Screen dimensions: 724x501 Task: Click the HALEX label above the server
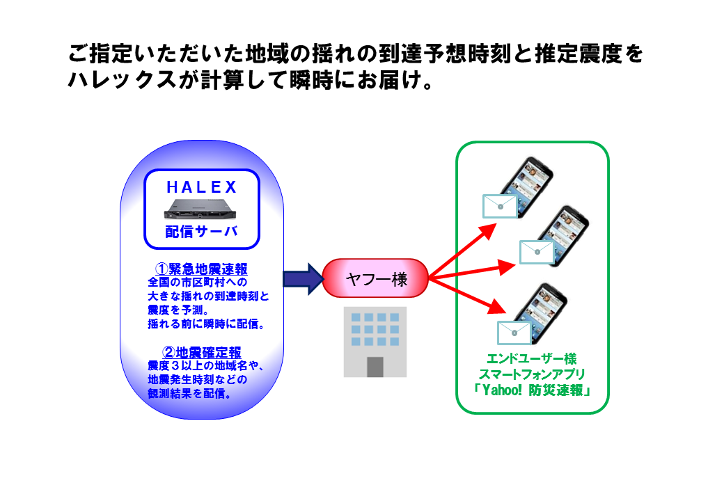202,187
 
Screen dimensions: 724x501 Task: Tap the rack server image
200,209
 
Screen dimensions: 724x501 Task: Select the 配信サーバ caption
202,231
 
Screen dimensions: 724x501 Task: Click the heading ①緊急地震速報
201,269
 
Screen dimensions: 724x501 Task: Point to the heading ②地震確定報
202,353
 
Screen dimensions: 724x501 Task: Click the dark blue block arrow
304,278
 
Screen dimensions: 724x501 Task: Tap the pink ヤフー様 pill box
375,278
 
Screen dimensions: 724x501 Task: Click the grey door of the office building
375,367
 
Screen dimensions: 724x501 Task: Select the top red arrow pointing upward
462,251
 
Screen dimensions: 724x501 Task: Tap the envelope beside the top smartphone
500,206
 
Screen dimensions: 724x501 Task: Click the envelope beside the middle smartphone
537,252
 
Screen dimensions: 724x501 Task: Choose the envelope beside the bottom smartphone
514,333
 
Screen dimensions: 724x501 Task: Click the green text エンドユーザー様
532,359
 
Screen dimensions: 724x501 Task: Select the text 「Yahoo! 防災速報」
532,390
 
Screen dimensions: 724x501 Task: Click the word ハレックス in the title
123,80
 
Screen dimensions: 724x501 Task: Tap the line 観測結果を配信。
190,394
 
